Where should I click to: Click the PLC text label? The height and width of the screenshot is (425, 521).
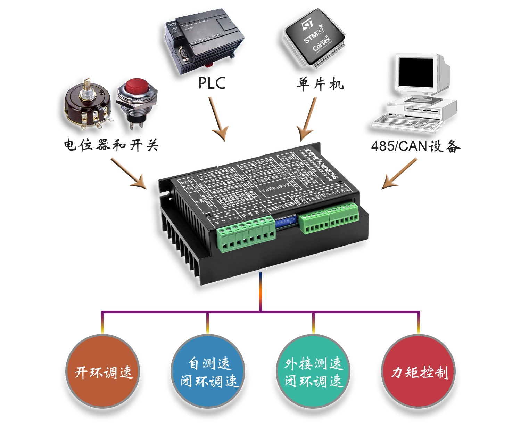[x=212, y=83]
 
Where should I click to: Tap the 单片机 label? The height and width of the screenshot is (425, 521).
[x=320, y=84]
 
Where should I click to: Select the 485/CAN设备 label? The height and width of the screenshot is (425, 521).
[x=415, y=146]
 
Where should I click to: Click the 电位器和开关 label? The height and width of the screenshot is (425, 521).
[x=111, y=145]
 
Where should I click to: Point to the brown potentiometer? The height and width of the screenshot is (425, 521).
[x=88, y=103]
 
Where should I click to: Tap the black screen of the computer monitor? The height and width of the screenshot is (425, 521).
[x=416, y=73]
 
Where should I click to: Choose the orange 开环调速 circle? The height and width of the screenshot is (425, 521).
[x=103, y=371]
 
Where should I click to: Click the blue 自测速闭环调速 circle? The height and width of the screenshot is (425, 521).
[x=208, y=371]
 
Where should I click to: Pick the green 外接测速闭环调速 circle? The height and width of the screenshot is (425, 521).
[x=313, y=371]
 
